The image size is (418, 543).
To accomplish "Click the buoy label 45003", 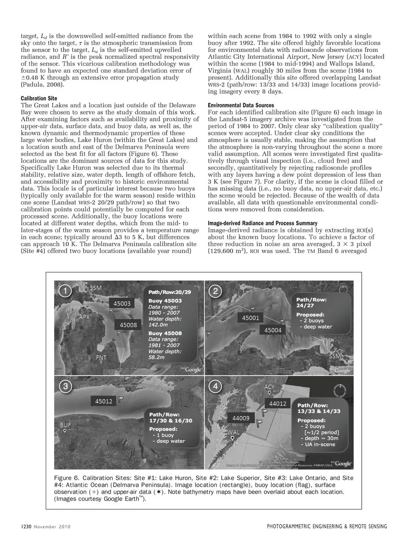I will coord(122,303).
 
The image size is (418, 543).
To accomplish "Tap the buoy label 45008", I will coord(128,324).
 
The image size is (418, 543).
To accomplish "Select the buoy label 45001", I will coord(250,318).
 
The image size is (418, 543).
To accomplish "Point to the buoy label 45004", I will coord(273,330).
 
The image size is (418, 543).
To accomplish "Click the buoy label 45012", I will coord(104,401).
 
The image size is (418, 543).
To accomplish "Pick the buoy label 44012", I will coord(278,404).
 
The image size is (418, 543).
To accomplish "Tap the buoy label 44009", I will coord(241,418).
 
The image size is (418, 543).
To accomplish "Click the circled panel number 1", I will coord(65,291).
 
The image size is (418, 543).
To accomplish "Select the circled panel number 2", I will coord(216,291).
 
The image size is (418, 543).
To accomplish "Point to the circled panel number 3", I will coord(65,386).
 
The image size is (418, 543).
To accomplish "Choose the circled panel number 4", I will coord(216,386).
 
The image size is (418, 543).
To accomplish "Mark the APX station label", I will coord(84,317).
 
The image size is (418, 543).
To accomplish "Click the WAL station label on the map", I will coord(234,432).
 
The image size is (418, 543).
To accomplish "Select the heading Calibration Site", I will coord(39,98).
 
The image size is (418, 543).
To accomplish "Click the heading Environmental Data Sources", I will coord(241,105).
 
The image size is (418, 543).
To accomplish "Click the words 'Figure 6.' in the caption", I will coord(66,478).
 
